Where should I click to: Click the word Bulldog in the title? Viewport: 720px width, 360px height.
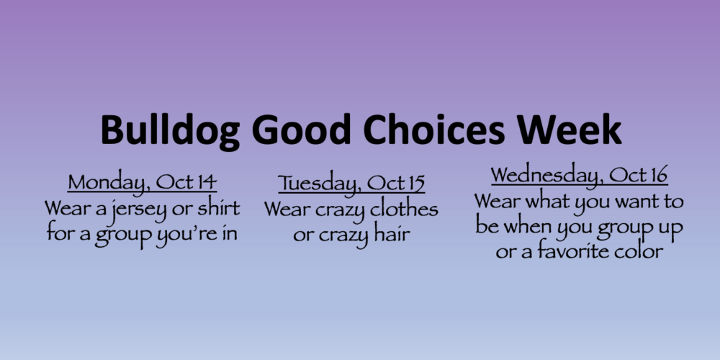point(170,131)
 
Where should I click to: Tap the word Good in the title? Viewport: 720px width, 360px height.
point(301,130)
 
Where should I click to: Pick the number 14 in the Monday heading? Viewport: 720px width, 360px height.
point(207,182)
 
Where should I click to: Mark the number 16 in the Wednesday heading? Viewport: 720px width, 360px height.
point(659,175)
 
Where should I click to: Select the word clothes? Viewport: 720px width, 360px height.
point(404,209)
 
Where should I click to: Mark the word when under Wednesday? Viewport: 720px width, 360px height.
point(528,226)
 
